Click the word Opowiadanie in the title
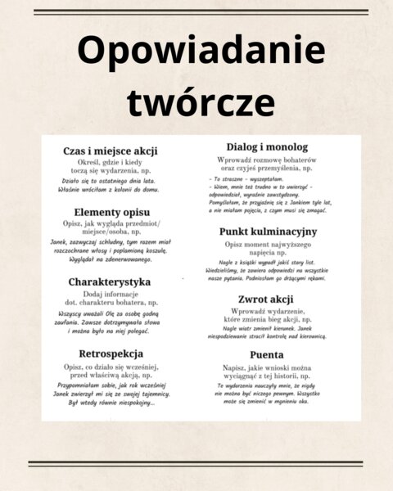[196, 52]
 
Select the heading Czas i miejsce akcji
[111, 151]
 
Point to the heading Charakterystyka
[111, 282]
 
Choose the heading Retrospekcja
[111, 353]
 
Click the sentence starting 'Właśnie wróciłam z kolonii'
[111, 190]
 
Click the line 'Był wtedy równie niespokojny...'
[111, 402]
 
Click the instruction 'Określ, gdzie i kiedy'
[111, 163]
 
